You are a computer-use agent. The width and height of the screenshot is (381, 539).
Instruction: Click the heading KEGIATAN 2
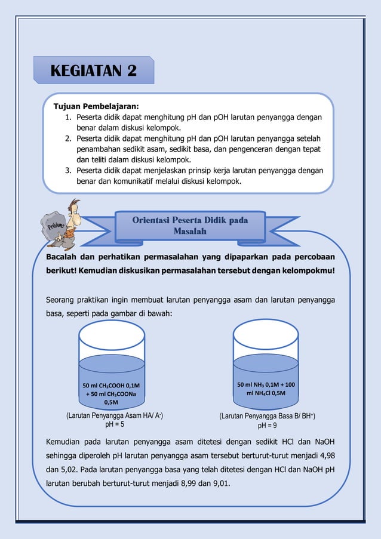[94, 70]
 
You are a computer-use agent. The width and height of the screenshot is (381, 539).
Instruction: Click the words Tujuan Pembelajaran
[96, 106]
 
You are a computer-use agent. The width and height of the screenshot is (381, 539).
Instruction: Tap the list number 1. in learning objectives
[69, 117]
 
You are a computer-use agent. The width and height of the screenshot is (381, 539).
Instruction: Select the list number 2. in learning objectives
[69, 138]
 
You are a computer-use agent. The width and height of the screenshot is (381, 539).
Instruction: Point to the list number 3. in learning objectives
[69, 171]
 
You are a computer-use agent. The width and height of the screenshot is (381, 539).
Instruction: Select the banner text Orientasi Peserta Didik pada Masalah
[190, 226]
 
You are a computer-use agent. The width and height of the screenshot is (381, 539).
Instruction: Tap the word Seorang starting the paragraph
[62, 300]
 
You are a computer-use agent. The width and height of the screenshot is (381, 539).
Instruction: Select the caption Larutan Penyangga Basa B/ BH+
[267, 416]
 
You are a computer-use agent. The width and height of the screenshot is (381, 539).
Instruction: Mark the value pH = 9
[267, 426]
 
